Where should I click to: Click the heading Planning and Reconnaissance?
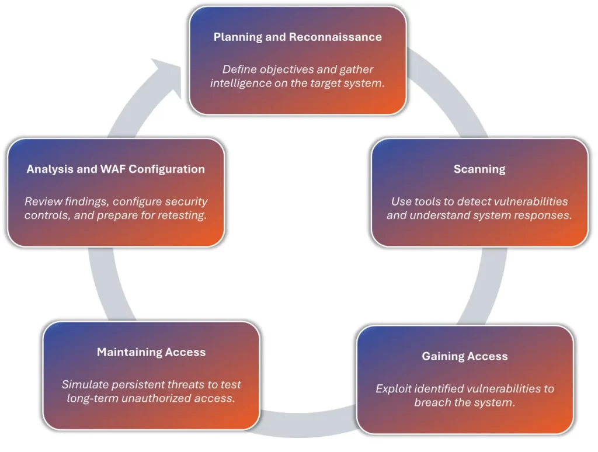point(297,37)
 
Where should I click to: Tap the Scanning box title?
point(479,169)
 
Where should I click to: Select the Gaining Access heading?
point(464,356)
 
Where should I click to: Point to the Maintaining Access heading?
point(151,352)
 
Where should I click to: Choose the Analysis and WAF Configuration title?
point(116,169)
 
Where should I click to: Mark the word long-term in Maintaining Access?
point(93,398)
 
